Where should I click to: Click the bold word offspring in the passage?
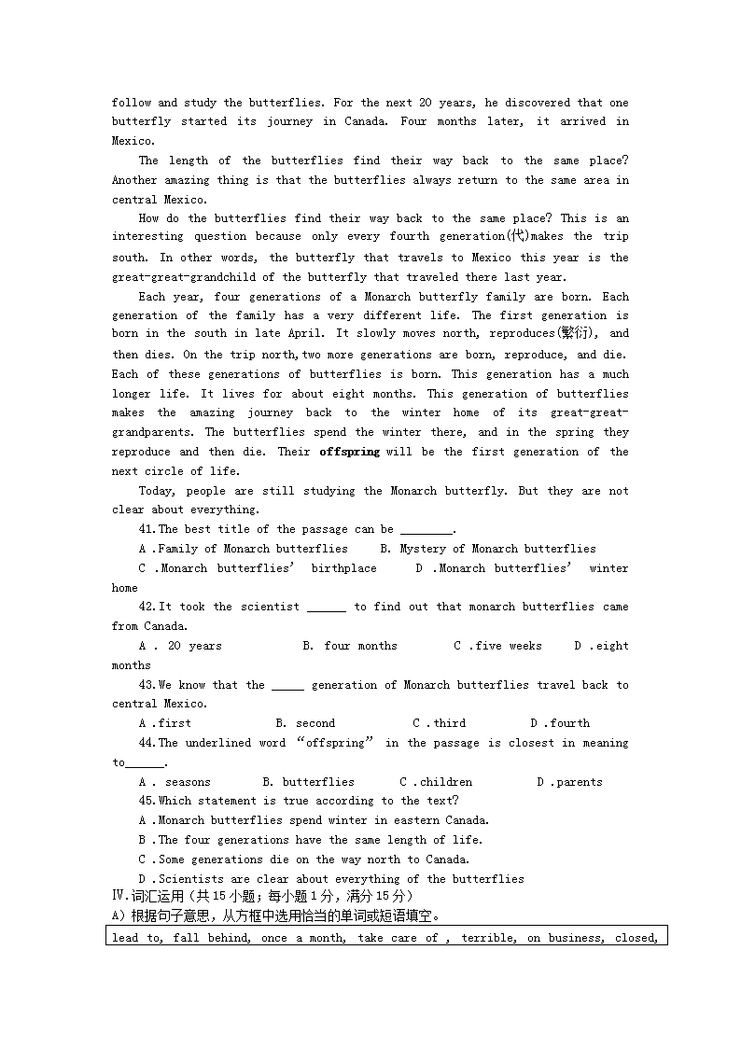pyautogui.click(x=349, y=452)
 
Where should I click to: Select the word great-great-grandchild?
pyautogui.click(x=193, y=277)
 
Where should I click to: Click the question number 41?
pyautogui.click(x=146, y=529)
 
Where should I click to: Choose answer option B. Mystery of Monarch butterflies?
pyautogui.click(x=485, y=549)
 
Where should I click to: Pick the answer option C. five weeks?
pyautogui.click(x=497, y=646)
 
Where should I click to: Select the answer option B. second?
pyautogui.click(x=305, y=723)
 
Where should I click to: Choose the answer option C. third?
pyautogui.click(x=439, y=723)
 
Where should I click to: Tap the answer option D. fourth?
pyautogui.click(x=560, y=723)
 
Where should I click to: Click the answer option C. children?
pyautogui.click(x=436, y=782)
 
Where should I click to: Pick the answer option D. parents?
pyautogui.click(x=569, y=782)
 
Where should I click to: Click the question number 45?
pyautogui.click(x=146, y=801)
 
